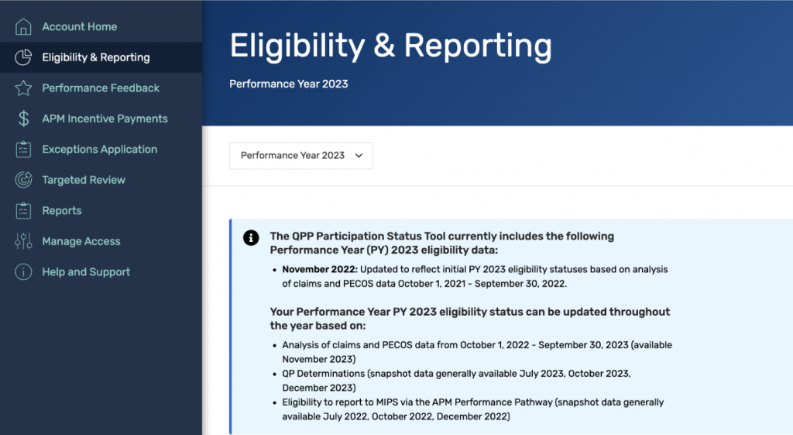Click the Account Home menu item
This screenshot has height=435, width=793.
coord(79,26)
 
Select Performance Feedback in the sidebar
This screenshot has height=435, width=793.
coord(101,88)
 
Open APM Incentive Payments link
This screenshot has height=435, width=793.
coord(105,119)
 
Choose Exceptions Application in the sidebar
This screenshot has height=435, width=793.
coord(99,149)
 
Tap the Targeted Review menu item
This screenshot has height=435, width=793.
coord(84,180)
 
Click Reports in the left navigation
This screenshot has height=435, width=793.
coord(62,210)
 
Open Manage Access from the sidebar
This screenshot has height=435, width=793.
coord(81,241)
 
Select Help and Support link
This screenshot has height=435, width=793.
coord(86,272)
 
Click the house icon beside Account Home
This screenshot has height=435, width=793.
coord(23,26)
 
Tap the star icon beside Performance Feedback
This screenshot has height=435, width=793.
coord(23,88)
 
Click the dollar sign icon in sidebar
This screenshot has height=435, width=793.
coord(23,119)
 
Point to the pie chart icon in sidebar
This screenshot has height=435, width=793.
coord(23,57)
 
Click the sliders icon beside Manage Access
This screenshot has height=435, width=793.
coord(23,241)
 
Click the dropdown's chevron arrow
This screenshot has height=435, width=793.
coord(359,155)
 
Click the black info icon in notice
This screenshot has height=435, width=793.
coord(251,238)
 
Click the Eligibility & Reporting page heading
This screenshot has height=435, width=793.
coord(390,46)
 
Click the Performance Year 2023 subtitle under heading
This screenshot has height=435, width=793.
coord(288,84)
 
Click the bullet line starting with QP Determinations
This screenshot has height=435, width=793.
coord(456,373)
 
